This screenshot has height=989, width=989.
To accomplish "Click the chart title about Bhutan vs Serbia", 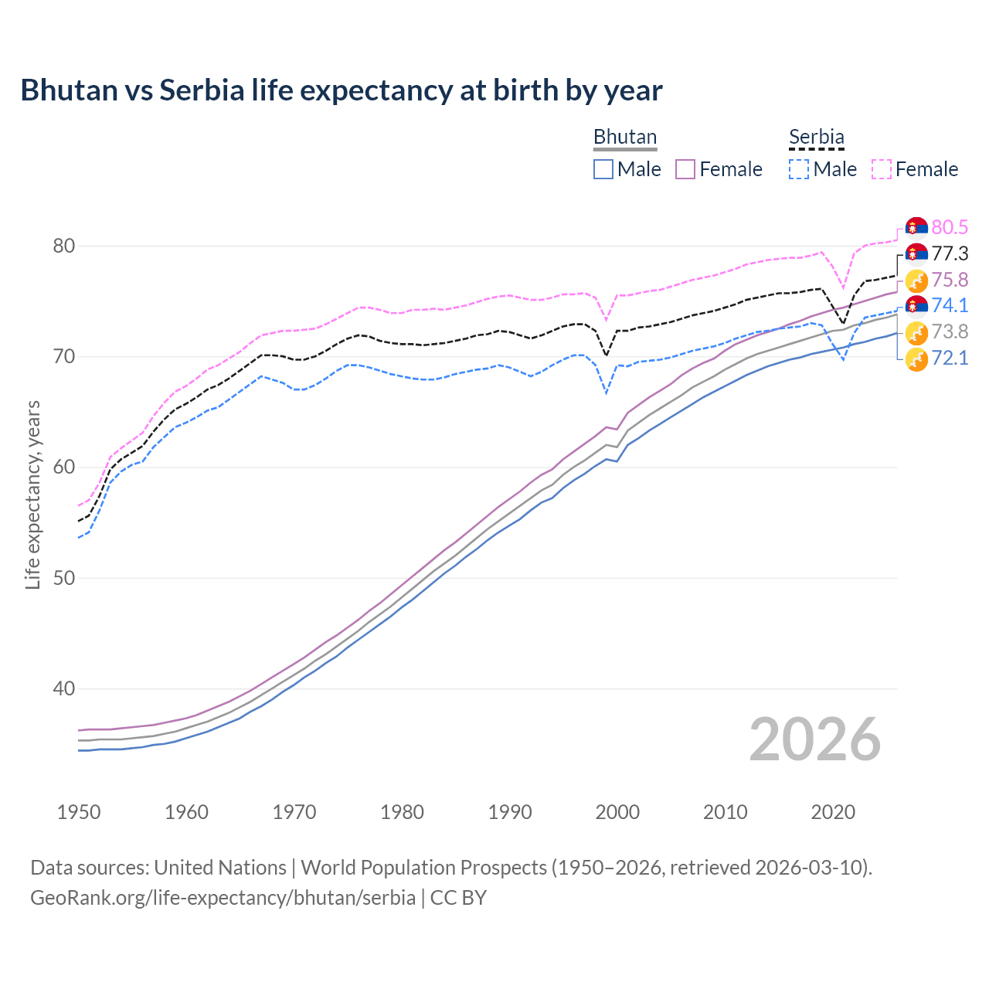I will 341,90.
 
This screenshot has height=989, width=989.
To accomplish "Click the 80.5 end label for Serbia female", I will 950,227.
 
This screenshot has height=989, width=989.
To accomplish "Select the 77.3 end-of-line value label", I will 950,253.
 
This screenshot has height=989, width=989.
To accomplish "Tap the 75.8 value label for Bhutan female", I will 950,280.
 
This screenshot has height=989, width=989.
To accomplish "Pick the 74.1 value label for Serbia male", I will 950,305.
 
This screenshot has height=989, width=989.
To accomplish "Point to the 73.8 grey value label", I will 950,331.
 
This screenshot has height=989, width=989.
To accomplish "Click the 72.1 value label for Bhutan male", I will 950,358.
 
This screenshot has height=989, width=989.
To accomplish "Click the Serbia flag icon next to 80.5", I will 916,227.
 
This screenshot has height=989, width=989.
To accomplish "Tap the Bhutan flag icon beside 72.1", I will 916,359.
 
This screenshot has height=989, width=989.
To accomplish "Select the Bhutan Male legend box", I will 603,169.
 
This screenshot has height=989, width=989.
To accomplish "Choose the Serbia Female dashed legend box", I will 882,169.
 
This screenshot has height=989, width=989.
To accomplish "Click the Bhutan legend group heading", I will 624,137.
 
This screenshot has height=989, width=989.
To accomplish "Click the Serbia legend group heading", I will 816,137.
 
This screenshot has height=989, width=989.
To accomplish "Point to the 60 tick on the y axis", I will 63,467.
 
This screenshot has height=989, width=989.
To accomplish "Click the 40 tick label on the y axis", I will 63,688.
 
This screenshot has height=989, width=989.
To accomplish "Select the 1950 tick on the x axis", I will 79,812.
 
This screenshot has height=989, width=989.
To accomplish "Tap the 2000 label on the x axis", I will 617,812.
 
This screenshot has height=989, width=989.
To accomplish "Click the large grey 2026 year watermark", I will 814,739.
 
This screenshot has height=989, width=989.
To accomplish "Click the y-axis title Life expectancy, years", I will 32,494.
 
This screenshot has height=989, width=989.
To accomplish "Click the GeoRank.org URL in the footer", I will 223,898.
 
